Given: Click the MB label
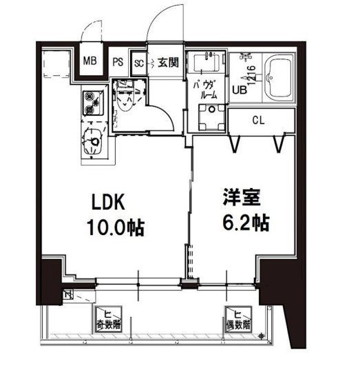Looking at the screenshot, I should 91,60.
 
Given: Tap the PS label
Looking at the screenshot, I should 118,61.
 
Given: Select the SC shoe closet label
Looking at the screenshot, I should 139,61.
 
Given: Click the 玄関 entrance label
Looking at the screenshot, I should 167,61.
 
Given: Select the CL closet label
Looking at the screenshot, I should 258,121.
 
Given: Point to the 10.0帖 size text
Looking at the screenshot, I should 114,227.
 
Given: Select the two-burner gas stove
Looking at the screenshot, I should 91,103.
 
